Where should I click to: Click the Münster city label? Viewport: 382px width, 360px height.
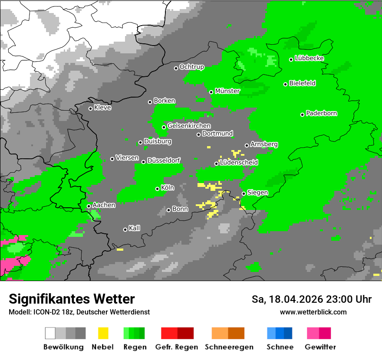pyautogui.click(x=227, y=91)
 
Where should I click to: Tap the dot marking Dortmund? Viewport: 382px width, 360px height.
pyautogui.click(x=198, y=134)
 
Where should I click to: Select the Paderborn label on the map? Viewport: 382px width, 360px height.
pyautogui.click(x=321, y=114)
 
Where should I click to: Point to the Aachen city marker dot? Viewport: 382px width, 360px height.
pyautogui.click(x=89, y=206)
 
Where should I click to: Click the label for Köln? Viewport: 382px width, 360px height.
pyautogui.click(x=168, y=188)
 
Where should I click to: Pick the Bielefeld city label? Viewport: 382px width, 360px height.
pyautogui.click(x=302, y=83)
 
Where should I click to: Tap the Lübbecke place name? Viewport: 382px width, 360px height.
pyautogui.click(x=309, y=59)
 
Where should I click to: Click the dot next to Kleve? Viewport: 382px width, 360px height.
pyautogui.click(x=90, y=108)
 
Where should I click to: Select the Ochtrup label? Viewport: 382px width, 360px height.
pyautogui.click(x=191, y=67)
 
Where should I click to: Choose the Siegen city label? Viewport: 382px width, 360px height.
pyautogui.click(x=257, y=193)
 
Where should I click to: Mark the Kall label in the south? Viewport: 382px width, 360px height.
pyautogui.click(x=134, y=228)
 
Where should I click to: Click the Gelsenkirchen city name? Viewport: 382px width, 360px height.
pyautogui.click(x=189, y=126)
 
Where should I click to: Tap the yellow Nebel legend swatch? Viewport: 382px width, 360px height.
pyautogui.click(x=103, y=333)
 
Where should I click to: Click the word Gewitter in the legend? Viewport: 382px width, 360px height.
pyautogui.click(x=320, y=347)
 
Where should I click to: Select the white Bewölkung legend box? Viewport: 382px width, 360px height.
pyautogui.click(x=50, y=333)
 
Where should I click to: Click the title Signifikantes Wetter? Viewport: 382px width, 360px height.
pyautogui.click(x=72, y=299)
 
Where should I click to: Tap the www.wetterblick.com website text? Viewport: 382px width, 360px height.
pyautogui.click(x=313, y=312)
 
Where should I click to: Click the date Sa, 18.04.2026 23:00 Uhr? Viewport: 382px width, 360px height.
pyautogui.click(x=311, y=299)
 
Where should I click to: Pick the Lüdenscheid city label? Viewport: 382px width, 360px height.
pyautogui.click(x=239, y=163)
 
